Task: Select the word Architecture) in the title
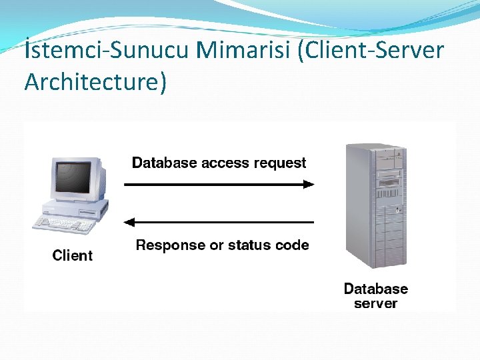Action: click(x=95, y=82)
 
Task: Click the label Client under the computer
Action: click(x=73, y=255)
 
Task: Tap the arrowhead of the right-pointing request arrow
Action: click(x=308, y=184)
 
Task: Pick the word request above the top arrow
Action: click(x=281, y=163)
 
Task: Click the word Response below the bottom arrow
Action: click(x=171, y=245)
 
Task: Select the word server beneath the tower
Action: click(x=375, y=303)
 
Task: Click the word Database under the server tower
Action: click(x=375, y=289)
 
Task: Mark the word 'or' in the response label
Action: click(x=217, y=245)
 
